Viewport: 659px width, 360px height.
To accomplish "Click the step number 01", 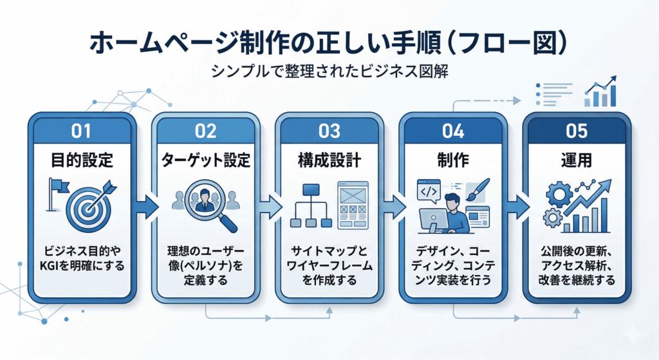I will (x=82, y=131).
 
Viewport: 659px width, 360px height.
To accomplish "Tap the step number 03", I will (x=329, y=131).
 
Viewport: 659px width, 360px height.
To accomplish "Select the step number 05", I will (x=576, y=131).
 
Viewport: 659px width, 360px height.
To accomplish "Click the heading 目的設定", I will (x=82, y=158).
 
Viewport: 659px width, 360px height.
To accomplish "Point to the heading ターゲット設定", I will (x=205, y=158).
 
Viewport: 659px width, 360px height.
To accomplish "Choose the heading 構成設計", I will (x=329, y=158).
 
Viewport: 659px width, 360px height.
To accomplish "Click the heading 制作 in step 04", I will (x=452, y=158).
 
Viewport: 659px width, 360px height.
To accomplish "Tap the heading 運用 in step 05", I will (x=576, y=158).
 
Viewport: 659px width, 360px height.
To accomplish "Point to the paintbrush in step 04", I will (x=479, y=191).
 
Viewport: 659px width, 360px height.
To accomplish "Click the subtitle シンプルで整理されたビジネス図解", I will (x=329, y=72).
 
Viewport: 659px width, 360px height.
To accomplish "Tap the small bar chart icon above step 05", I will (x=600, y=94).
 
